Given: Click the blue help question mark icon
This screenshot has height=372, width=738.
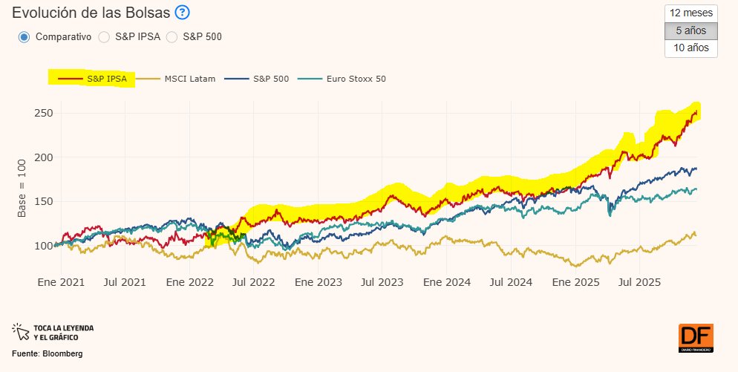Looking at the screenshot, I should coord(183,13).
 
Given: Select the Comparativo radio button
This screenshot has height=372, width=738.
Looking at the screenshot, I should coord(24,36).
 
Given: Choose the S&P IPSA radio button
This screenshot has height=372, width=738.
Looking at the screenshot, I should coord(104,36).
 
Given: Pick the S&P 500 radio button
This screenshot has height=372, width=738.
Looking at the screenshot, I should coord(172,36).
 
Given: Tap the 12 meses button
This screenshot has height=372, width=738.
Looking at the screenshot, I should coord(691,13).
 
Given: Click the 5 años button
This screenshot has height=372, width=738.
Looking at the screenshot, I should coord(691,31).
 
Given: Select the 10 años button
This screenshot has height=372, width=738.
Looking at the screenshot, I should coord(691,48).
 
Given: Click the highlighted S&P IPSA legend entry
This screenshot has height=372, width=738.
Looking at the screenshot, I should coord(91,78).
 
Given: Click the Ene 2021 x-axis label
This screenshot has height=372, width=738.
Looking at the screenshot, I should coord(61,282).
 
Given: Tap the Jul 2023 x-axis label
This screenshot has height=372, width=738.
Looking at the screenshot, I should coord(382,282).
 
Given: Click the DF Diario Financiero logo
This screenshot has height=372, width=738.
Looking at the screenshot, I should coord(696,338).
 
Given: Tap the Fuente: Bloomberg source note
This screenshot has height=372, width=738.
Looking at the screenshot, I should coord(48,353).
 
